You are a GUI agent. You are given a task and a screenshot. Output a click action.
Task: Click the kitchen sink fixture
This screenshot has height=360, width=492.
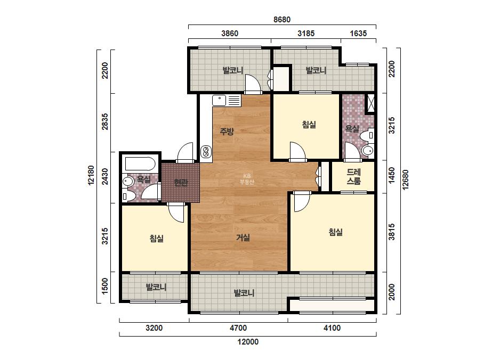coord(226,101)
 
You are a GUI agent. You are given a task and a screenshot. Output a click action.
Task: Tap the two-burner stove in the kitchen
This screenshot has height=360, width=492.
coord(205,151)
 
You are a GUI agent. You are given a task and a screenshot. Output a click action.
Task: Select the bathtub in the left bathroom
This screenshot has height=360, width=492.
coord(140,163)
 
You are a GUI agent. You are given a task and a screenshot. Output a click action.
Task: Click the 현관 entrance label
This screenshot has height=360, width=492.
coord(181,182)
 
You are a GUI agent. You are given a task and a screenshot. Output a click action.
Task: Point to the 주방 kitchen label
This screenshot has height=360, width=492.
coord(227,131)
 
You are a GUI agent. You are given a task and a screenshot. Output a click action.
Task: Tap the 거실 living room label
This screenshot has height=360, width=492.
coord(243,238)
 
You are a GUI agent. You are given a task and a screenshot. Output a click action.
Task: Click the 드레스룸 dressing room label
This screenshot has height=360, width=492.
coord(353,176)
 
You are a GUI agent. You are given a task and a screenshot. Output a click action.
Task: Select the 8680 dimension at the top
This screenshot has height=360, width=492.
coord(282,20)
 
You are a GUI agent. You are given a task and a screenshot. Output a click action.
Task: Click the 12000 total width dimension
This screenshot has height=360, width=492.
coord(248,341)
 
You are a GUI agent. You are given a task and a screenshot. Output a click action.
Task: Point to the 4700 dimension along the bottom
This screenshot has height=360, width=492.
coord(238,328)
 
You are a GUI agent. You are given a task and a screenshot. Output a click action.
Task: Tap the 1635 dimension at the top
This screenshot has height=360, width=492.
coord(358,33)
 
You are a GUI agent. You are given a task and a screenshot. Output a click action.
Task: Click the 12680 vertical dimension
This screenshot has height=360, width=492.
coord(405,179)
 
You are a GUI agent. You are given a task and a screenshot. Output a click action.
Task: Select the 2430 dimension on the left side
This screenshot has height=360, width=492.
coord(104,177)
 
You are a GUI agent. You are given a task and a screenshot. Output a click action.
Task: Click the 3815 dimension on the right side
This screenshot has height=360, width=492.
coord(392,232)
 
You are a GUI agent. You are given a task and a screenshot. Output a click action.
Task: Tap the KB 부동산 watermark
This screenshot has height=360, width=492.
coord(247,179)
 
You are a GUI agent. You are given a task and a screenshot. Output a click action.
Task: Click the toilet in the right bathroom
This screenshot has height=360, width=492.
coord(367,150)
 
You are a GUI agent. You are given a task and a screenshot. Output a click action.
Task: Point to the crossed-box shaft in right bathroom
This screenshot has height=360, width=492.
coord(370,103)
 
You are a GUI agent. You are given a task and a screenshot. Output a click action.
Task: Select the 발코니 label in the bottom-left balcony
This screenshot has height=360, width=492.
coord(156,287)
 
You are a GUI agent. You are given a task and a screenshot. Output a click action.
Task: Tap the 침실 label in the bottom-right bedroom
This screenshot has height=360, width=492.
coord(335,232)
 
